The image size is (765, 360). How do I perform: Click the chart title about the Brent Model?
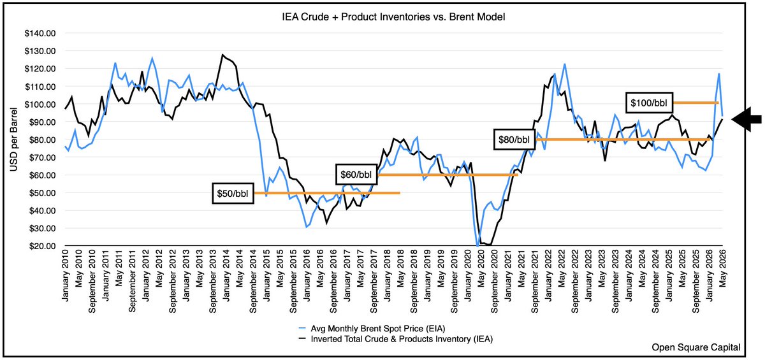coord(393,17)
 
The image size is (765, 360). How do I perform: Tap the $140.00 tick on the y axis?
coord(40,33)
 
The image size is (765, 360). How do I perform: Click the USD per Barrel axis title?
coord(13,140)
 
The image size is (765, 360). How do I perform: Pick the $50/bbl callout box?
coord(233,194)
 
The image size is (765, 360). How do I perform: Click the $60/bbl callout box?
coord(356,175)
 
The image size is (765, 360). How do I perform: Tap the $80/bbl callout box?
coord(514,140)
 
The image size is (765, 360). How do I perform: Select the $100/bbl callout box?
coord(649,103)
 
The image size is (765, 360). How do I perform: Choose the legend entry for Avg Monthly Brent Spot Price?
coord(372,329)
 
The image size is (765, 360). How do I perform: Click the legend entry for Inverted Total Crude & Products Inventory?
coord(396,339)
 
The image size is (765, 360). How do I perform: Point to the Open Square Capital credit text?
coord(696,347)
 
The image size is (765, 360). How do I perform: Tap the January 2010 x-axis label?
coord(65,275)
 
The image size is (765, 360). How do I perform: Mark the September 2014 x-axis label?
coord(253,282)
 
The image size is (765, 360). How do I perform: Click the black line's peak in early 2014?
coord(222,55)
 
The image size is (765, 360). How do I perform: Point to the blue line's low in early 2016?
coord(307,227)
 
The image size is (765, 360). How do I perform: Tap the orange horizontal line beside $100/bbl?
coord(696,103)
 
